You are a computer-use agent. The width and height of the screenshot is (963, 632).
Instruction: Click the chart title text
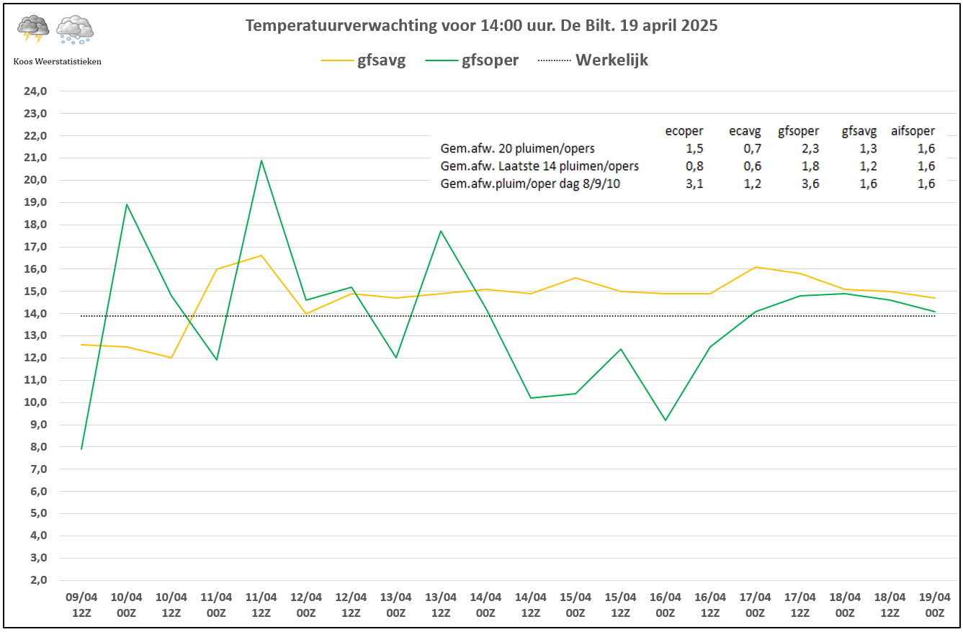481,26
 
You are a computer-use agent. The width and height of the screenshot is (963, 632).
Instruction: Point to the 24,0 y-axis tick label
36,91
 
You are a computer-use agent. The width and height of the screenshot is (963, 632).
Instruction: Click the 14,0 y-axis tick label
36,314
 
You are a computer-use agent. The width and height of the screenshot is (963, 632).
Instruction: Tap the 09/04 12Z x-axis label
81,605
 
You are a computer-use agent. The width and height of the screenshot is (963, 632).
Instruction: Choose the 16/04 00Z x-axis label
665,605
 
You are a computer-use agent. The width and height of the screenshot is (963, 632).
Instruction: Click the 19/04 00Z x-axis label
935,605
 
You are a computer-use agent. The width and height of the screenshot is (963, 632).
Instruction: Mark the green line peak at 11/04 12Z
261,160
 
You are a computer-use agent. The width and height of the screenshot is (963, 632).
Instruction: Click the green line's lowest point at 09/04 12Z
81,449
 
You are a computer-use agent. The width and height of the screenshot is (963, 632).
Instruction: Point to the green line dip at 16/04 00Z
665,420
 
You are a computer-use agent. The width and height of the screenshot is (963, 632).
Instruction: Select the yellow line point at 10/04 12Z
171,358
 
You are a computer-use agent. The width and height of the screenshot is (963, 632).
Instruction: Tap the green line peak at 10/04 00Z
127,204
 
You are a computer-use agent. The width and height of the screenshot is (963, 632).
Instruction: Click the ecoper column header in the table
684,131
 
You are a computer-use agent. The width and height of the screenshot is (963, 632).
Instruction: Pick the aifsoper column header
913,131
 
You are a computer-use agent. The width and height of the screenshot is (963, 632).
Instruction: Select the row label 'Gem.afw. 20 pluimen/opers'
517,149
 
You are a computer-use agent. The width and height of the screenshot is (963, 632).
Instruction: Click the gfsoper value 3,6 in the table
808,184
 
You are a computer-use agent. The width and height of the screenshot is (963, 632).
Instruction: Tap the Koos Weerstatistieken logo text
57,62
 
